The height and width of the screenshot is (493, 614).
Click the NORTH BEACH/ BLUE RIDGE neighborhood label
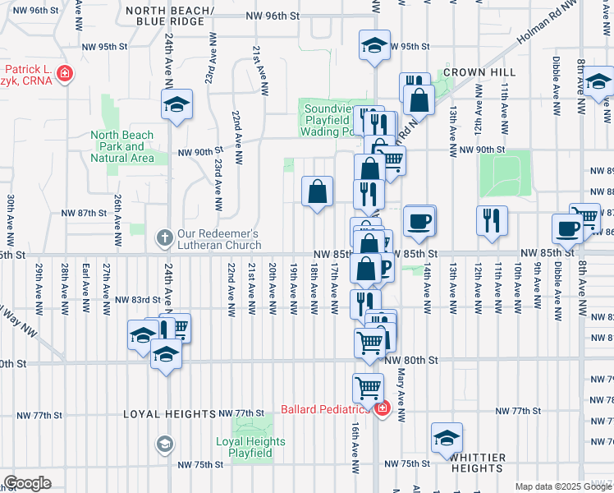(x=171, y=16)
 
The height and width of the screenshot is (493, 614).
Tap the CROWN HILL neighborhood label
(x=472, y=72)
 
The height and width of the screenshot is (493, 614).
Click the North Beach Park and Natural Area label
(x=122, y=146)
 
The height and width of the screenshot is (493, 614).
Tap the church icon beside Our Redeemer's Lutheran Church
(x=164, y=239)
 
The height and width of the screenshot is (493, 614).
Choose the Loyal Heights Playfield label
(x=250, y=447)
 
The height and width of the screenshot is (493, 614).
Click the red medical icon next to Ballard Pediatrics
(x=381, y=408)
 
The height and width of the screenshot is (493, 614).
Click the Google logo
(x=27, y=482)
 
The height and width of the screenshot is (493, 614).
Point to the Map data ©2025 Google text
(x=562, y=486)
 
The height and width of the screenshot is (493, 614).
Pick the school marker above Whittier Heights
(x=447, y=437)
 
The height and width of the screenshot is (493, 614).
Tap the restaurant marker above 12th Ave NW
(x=492, y=220)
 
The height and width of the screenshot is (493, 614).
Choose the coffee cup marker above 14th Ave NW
(x=419, y=220)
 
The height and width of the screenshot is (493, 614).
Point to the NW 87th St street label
(x=85, y=212)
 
